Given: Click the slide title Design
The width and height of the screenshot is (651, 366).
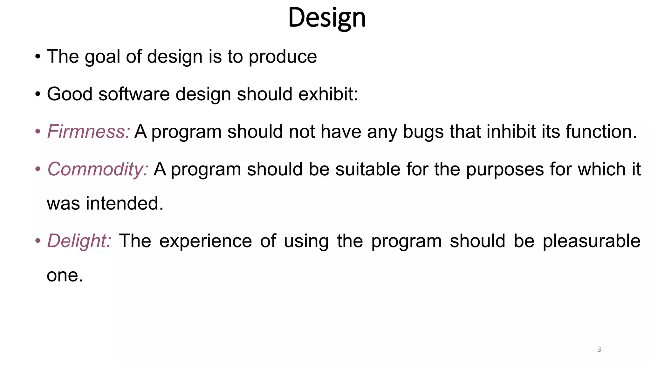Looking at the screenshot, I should tap(327, 18).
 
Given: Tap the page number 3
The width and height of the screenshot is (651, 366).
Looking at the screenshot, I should tap(599, 349).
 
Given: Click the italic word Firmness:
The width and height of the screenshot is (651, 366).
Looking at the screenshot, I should tap(88, 131).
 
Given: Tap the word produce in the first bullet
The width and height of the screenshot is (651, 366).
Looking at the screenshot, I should tap(283, 57).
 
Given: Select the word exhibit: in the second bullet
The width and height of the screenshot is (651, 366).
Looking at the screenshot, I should tap(328, 94).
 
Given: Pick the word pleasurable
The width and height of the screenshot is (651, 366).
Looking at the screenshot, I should tap(591, 241).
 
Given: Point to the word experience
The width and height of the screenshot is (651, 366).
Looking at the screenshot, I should tap(205, 241).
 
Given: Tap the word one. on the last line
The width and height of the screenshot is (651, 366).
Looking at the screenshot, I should tap(65, 275).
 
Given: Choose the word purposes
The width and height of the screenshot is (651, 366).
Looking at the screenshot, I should tap(505, 169).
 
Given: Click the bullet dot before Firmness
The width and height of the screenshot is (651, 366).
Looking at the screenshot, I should tap(38, 132).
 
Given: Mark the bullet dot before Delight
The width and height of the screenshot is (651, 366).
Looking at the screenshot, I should tap(38, 241).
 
